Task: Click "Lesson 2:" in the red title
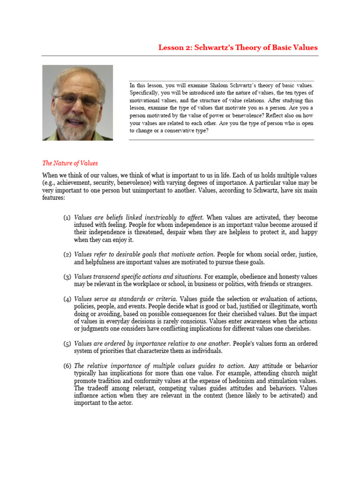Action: coord(173,47)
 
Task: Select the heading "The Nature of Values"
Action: coord(70,163)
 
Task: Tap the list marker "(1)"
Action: coord(67,218)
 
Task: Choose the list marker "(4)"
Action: coord(67,299)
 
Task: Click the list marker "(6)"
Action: coord(67,366)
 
